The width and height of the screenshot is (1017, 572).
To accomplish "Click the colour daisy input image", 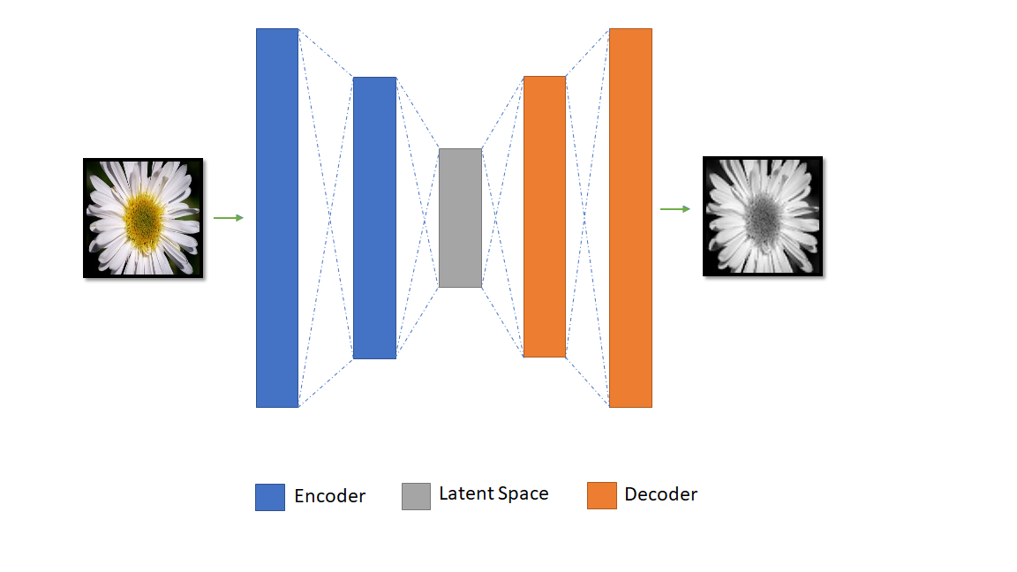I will [x=143, y=218].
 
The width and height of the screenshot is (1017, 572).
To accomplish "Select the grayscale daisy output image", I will [x=763, y=216].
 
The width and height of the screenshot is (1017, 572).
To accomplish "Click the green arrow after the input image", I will [x=229, y=218].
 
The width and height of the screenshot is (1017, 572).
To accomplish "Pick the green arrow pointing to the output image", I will [x=675, y=209].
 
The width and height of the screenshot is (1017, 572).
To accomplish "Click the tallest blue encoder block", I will [x=277, y=218].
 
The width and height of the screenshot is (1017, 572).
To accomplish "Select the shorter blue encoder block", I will [x=374, y=218].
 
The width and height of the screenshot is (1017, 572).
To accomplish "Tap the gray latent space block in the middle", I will [x=460, y=218].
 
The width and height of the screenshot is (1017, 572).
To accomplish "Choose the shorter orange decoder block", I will [x=544, y=216].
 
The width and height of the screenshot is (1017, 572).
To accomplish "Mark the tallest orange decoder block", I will [x=630, y=218].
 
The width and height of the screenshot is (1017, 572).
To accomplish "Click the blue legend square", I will [x=270, y=497].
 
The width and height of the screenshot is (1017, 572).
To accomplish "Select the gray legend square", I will [x=416, y=496].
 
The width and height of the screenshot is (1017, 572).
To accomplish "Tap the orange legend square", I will [x=601, y=495].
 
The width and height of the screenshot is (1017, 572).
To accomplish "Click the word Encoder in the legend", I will [x=329, y=496].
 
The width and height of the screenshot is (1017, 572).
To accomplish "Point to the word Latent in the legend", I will [x=466, y=493].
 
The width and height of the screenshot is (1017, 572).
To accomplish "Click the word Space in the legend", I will [x=524, y=494].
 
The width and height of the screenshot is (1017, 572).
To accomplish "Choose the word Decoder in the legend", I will [x=660, y=494].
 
